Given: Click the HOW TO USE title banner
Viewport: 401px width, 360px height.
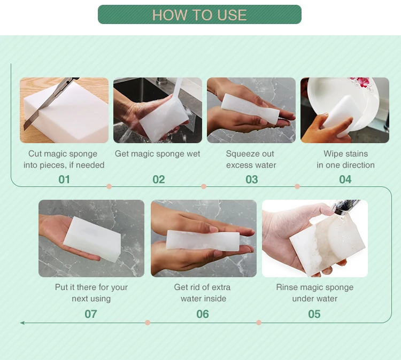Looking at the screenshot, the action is click(199, 14).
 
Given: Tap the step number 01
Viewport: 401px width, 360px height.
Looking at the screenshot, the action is click(64, 179).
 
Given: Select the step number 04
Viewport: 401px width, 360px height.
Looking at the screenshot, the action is click(345, 179).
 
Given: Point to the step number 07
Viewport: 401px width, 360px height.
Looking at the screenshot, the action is click(91, 314).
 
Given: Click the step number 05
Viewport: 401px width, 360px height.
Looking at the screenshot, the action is click(314, 314).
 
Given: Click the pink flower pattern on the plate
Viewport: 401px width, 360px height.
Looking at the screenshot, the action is click(361, 83).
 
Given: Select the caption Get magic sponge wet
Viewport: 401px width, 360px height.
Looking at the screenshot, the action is click(157, 154).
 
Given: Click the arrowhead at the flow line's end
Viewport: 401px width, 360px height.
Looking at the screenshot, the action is click(22, 323).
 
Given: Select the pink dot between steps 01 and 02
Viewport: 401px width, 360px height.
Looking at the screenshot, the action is click(109, 186).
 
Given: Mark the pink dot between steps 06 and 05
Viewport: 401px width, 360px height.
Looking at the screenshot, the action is click(259, 323).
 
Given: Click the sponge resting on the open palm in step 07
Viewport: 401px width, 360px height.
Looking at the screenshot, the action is click(92, 239).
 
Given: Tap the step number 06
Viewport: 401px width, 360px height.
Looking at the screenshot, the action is click(203, 314).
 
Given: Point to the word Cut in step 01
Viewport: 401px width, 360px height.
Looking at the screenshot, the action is click(35, 154).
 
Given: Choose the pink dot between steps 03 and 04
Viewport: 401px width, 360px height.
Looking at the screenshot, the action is click(297, 186).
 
